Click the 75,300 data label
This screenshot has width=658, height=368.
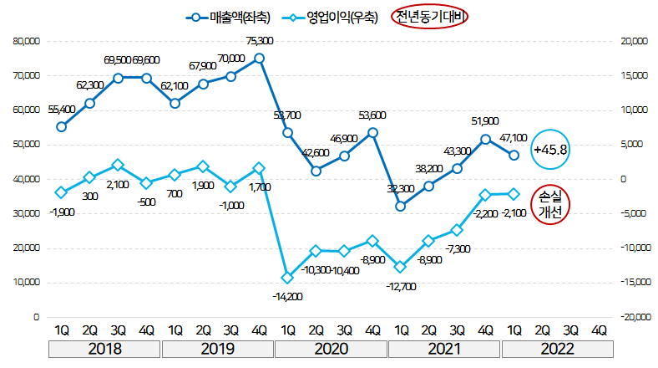coord(260,41)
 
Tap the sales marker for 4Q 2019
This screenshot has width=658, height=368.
coord(259,59)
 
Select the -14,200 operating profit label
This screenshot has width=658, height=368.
coord(287,296)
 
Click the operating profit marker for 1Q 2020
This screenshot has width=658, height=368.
coord(287,278)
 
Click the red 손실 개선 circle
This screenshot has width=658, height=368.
coord(550,204)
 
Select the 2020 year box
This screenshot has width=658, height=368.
coord(332,348)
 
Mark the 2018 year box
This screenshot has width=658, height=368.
coord(104,348)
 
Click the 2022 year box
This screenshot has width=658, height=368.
coord(557,348)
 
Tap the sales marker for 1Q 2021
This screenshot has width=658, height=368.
coord(401,206)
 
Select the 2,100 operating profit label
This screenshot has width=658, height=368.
coord(118,184)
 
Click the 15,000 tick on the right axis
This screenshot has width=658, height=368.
coord(627,75)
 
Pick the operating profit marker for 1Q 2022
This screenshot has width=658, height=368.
coord(514,193)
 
